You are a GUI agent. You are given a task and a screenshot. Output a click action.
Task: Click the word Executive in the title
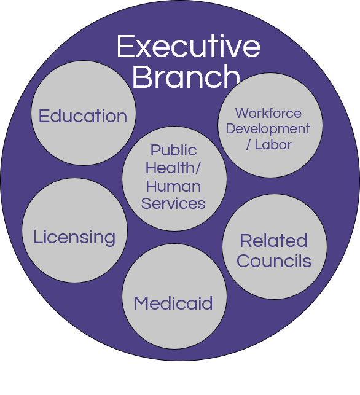pyautogui.click(x=189, y=46)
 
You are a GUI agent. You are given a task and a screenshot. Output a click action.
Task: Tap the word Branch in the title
pyautogui.click(x=186, y=76)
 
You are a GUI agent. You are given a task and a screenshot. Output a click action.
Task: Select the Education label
pyautogui.click(x=83, y=116)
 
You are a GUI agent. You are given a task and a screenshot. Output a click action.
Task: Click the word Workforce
pyautogui.click(x=268, y=113)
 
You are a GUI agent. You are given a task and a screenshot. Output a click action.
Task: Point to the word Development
pyautogui.click(x=268, y=130)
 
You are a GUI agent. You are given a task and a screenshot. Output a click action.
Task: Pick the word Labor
pyautogui.click(x=273, y=144)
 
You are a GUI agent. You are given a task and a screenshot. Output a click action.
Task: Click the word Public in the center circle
pyautogui.click(x=174, y=150)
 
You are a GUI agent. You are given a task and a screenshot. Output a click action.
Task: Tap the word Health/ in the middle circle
pyautogui.click(x=173, y=168)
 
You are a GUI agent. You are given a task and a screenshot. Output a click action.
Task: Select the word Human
pyautogui.click(x=173, y=186)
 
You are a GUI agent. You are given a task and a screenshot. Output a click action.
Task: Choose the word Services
pyautogui.click(x=173, y=203)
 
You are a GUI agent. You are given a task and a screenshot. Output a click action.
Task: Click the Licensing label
pyautogui.click(x=74, y=238)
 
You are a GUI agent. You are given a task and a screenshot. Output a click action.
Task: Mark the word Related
pyautogui.click(x=273, y=240)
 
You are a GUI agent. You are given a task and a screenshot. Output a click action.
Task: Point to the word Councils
pyautogui.click(x=274, y=260)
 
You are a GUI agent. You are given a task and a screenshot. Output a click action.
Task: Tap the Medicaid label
pyautogui.click(x=173, y=303)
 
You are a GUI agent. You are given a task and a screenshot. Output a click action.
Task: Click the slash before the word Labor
pyautogui.click(x=249, y=144)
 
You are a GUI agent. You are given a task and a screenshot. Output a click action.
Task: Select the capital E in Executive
pyautogui.click(x=125, y=46)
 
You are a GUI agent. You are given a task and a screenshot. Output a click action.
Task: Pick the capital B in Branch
pyautogui.click(x=141, y=76)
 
